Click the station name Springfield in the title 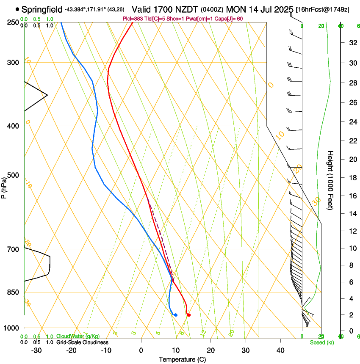pyautogui.click(x=42, y=9)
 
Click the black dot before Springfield pyautogui.click(x=17, y=9)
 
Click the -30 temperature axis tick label pyautogui.click(x=36, y=350)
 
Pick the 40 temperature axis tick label pyautogui.click(x=280, y=350)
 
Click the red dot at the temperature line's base pyautogui.click(x=189, y=315)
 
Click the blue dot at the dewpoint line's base pyautogui.click(x=175, y=315)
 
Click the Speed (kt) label pyautogui.click(x=321, y=342)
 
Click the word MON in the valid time pyautogui.click(x=235, y=9)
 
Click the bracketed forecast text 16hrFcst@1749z pyautogui.click(x=323, y=9)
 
